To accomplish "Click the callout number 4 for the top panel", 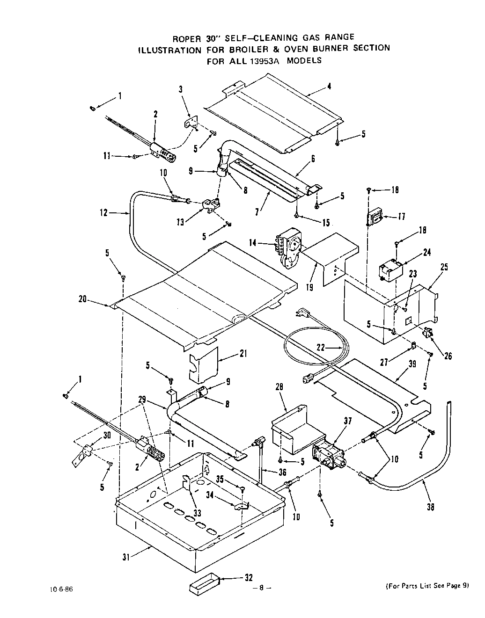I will (330, 86).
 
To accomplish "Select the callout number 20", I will (83, 299).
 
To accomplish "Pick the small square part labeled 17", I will (375, 217).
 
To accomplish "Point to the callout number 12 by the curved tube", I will (104, 213).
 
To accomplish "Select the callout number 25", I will (444, 267).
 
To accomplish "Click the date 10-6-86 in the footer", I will (62, 589).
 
